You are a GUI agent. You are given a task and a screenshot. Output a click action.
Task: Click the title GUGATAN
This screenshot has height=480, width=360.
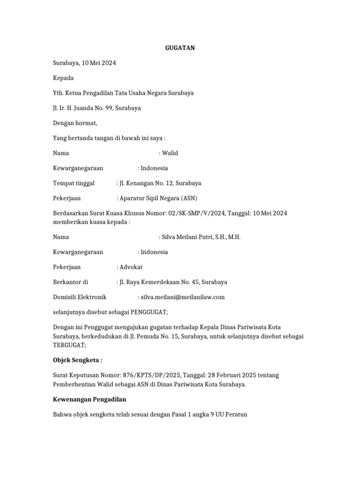180,48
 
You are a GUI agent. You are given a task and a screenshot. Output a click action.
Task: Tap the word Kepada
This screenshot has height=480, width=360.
63,78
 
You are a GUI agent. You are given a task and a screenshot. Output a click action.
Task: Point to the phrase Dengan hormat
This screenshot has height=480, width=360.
75,123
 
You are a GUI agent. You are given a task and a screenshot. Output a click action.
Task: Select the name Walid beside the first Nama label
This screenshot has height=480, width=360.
170,153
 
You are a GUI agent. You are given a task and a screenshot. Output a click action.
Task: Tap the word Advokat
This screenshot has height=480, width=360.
131,267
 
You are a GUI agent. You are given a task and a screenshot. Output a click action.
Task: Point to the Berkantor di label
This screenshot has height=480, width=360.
70,282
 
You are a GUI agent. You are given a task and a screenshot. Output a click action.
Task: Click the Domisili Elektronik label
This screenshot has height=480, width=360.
80,297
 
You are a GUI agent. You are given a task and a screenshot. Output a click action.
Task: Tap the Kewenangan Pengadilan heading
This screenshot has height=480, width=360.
92,399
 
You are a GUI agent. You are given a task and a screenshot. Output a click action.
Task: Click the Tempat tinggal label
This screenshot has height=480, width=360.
74,183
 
